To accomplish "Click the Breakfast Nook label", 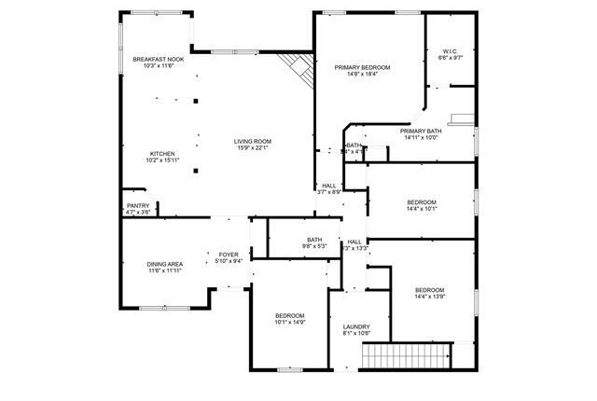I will click(x=158, y=59).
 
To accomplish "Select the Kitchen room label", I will click(x=162, y=154).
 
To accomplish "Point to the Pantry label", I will click(x=137, y=206).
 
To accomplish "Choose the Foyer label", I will click(x=229, y=255).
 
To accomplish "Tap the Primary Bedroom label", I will click(x=362, y=67).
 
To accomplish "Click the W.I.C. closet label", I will click(x=451, y=50).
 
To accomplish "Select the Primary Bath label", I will click(x=421, y=131).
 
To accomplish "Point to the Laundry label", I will click(x=357, y=325).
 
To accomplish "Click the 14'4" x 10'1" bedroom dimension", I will click(x=422, y=209).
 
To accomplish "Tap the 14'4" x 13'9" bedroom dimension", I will click(x=429, y=296).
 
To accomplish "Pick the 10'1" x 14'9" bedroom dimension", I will click(x=290, y=322).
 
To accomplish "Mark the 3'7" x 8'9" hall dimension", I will click(x=329, y=192).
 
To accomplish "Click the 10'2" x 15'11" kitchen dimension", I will click(x=162, y=160).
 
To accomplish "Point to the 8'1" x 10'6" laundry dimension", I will click(x=357, y=333).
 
